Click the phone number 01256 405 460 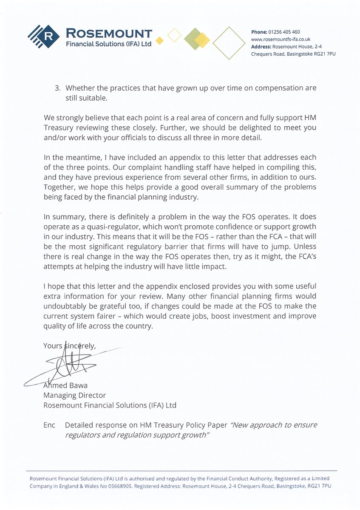click(284, 32)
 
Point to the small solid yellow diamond click(160, 40)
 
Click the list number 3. click(57, 88)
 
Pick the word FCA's click(305, 265)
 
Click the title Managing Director click(74, 395)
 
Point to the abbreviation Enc click(49, 425)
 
